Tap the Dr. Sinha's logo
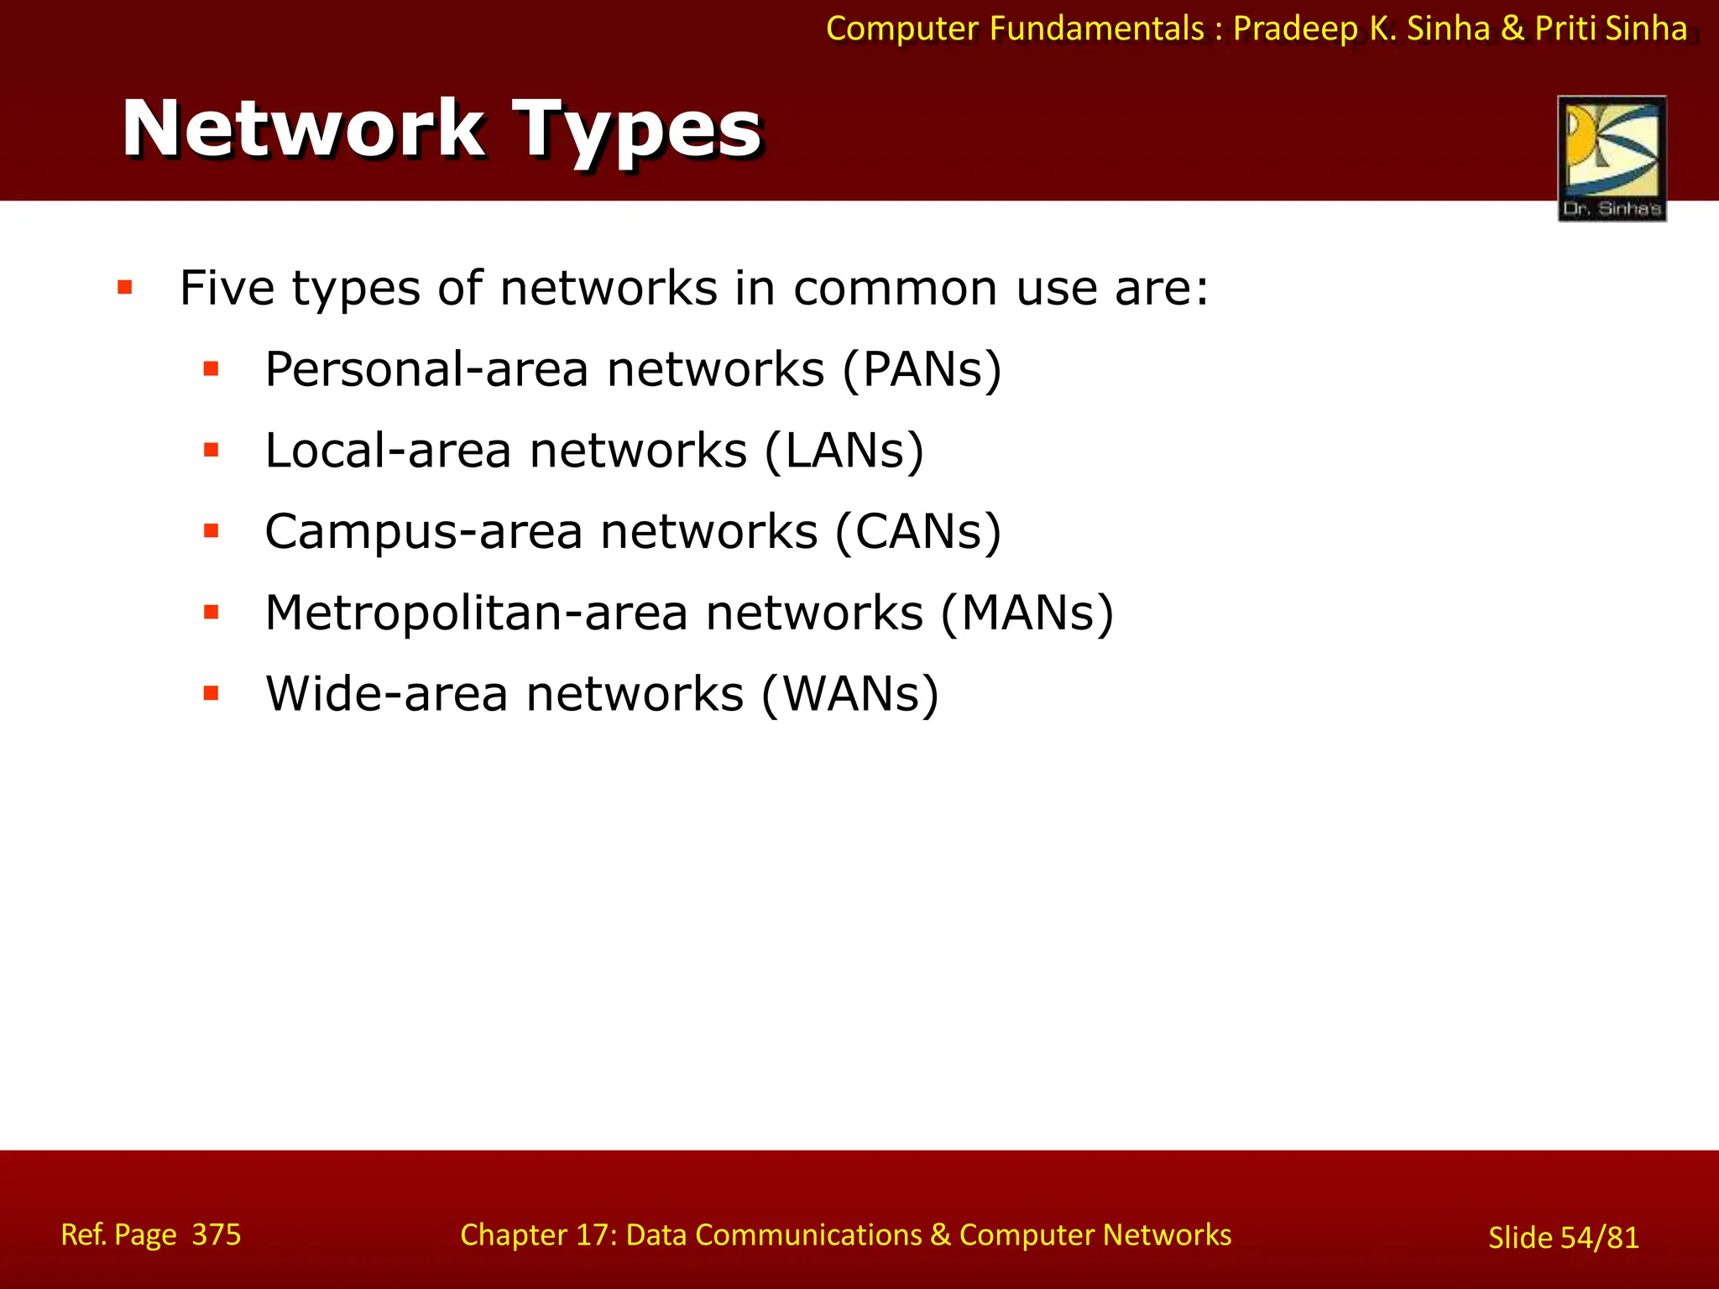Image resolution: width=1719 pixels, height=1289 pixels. point(1612,158)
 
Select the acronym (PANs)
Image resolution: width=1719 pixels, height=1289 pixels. point(922,369)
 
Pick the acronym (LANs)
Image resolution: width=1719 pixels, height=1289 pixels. point(844,451)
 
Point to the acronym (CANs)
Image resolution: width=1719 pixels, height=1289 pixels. point(918,531)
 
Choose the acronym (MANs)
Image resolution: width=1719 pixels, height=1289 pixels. point(1027,613)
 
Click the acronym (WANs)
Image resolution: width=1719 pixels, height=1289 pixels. point(849,694)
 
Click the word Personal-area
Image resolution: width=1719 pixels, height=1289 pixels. point(426,369)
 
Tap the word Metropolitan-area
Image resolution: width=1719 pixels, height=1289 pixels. point(476,613)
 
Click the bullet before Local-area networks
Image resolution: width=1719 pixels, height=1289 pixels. point(212,451)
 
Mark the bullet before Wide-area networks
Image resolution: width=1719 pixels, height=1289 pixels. point(212,694)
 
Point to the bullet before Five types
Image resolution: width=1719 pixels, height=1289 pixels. point(126,289)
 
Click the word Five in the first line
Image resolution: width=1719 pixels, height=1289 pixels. point(227,289)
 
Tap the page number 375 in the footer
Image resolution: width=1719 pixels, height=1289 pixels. point(217,1234)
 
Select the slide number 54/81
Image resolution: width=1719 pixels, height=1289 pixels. point(1599,1238)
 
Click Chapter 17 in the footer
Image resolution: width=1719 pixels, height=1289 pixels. point(537,1234)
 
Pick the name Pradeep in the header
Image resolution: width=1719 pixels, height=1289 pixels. point(1294,29)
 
